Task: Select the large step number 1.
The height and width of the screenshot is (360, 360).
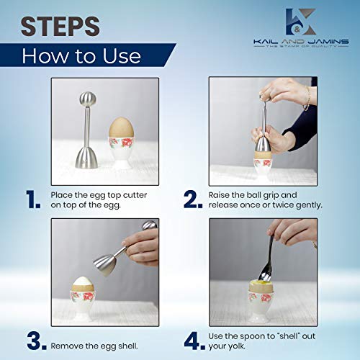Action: click(32, 199)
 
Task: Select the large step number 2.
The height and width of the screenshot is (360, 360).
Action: click(192, 199)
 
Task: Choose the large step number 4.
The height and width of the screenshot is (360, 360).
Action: click(192, 338)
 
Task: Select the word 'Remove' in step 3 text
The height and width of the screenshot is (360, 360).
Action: click(68, 338)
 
